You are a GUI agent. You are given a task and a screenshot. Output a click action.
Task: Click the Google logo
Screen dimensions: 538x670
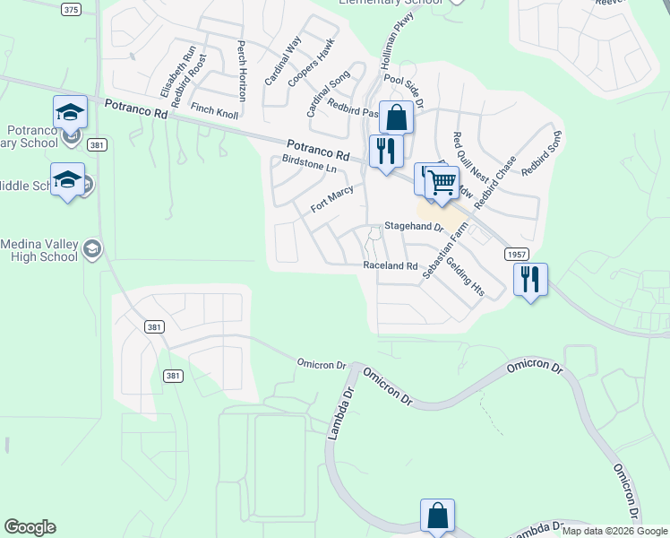(30, 527)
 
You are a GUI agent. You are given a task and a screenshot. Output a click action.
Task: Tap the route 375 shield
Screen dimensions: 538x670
(72, 9)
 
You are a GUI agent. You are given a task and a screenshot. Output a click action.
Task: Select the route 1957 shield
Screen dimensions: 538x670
(516, 255)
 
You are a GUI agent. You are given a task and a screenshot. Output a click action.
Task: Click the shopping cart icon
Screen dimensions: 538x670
(442, 183)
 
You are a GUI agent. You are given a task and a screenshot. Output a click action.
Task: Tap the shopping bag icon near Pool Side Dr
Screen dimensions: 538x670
(395, 117)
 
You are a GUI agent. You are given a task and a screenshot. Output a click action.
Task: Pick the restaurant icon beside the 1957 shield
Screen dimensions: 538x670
(530, 280)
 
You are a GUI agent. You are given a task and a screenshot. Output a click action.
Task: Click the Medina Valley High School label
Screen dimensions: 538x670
(39, 250)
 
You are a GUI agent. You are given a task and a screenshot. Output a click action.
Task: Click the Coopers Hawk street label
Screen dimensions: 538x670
(312, 62)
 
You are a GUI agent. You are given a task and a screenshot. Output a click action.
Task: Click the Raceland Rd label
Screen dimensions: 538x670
(391, 266)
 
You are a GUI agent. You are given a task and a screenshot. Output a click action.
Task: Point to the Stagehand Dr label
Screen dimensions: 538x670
(414, 228)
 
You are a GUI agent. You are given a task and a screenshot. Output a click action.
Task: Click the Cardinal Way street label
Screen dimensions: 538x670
(283, 61)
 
